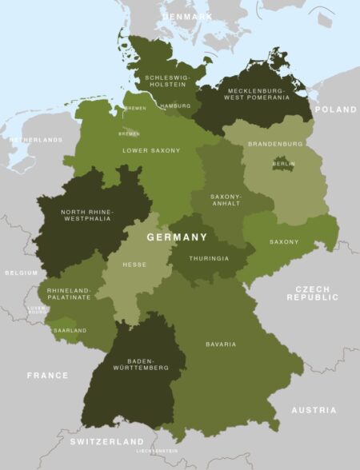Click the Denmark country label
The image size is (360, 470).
point(186,16)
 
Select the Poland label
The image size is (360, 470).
point(335,110)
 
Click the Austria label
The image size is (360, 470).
point(314,410)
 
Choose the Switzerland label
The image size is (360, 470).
point(106,441)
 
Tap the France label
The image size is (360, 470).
point(47,375)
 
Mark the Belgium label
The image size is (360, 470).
point(21,273)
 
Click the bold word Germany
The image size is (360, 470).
point(177,237)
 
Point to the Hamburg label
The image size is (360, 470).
point(174,106)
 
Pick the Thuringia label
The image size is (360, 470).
point(209,259)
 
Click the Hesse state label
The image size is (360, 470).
point(134,264)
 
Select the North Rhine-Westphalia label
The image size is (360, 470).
point(87,217)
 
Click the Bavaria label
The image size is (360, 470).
point(220,345)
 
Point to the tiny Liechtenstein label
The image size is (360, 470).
point(156,451)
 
